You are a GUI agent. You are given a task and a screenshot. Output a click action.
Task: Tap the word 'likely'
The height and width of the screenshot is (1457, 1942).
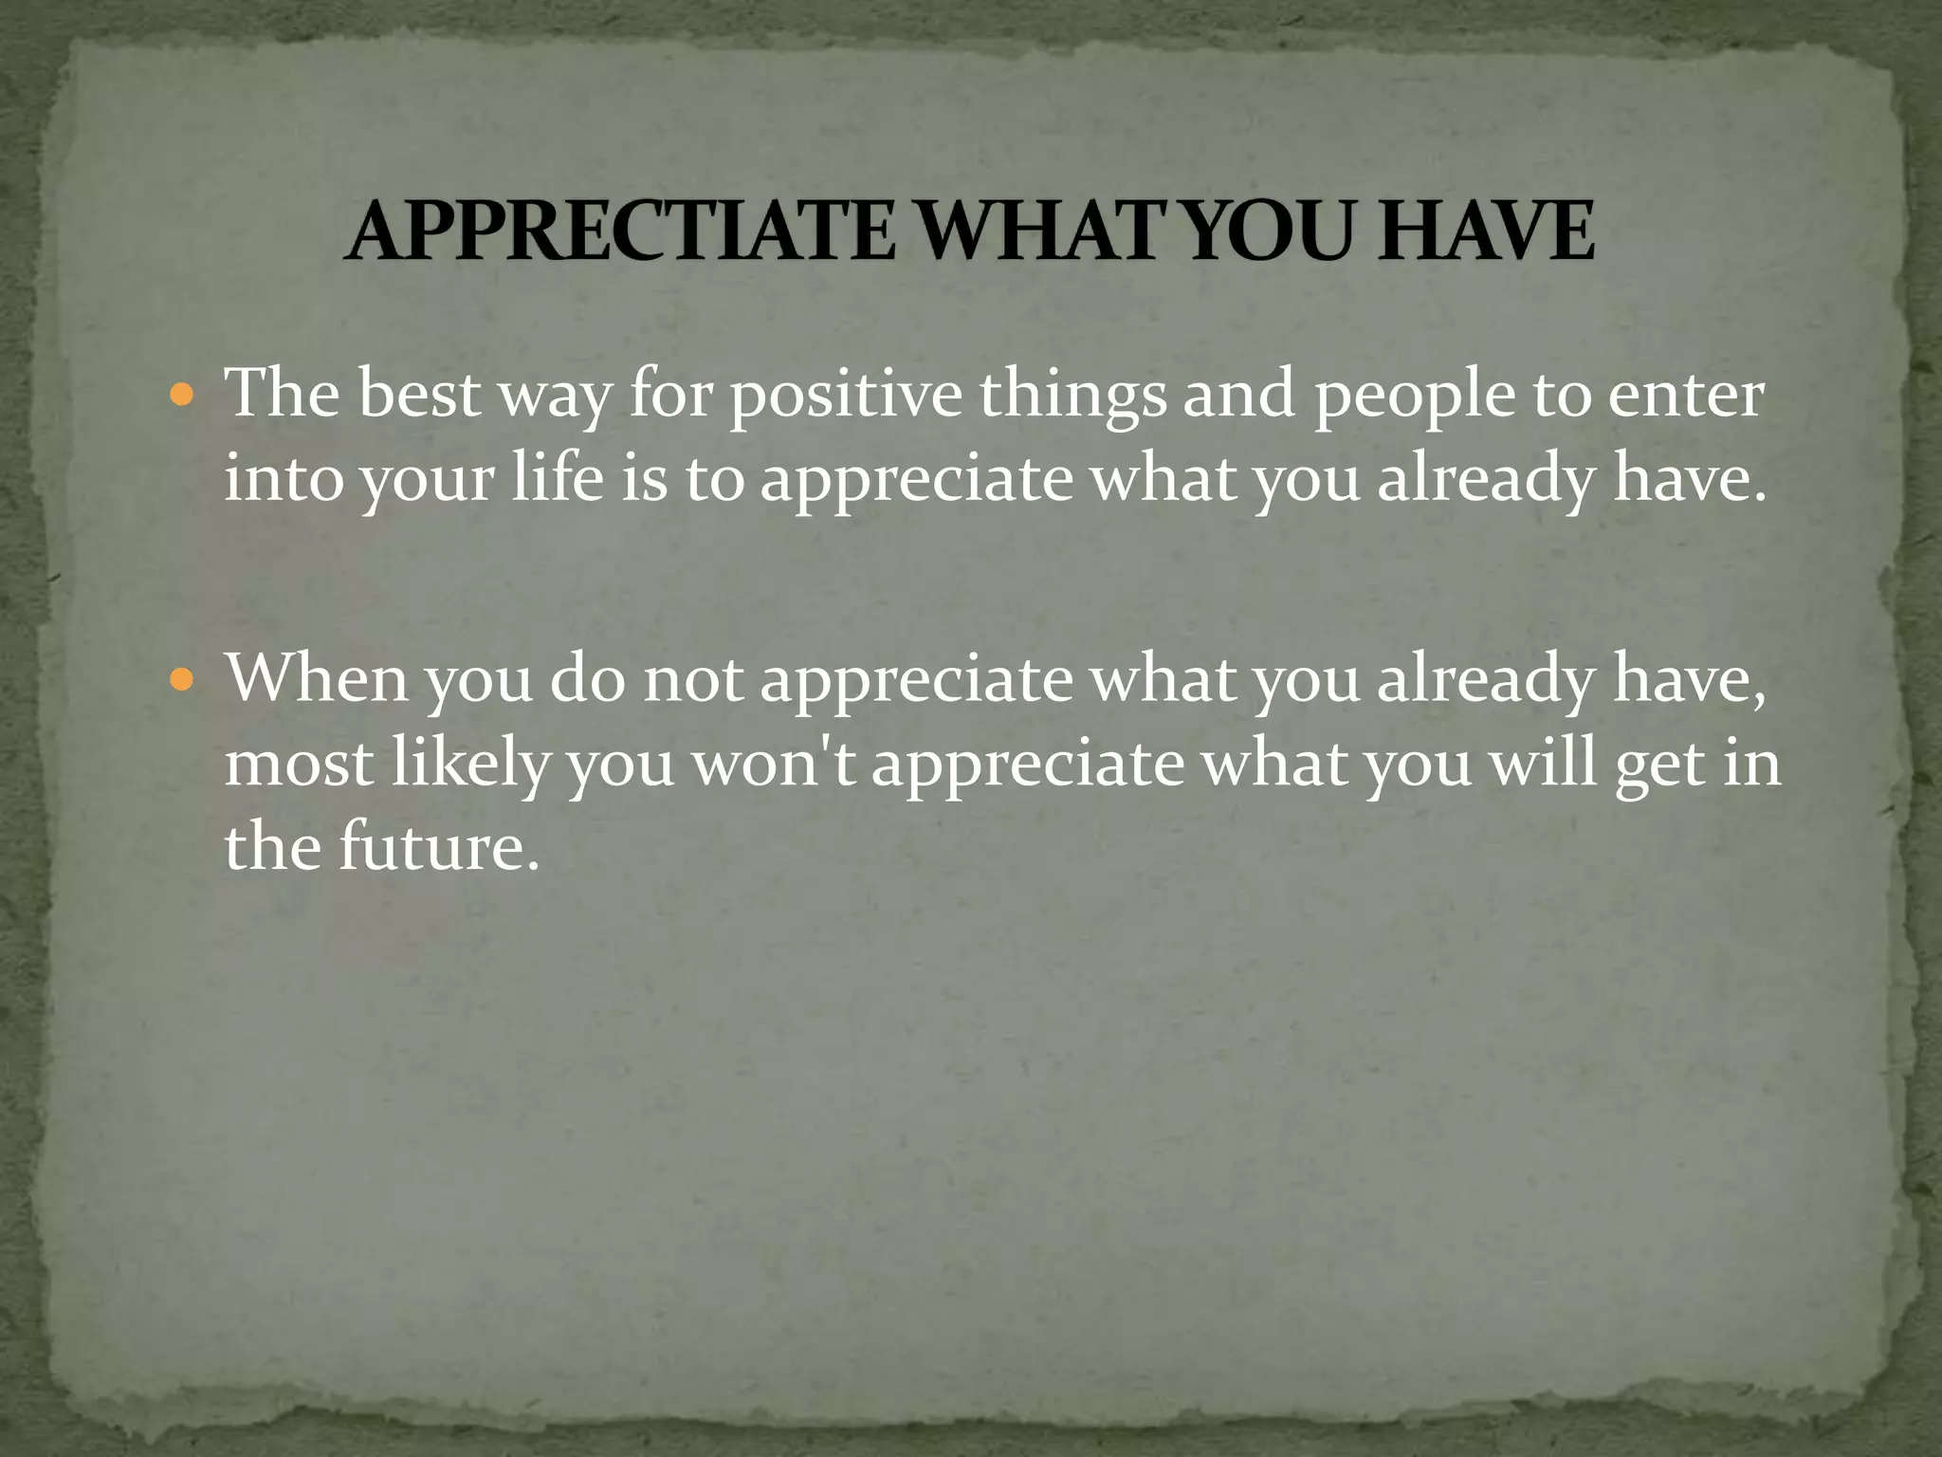click(x=470, y=764)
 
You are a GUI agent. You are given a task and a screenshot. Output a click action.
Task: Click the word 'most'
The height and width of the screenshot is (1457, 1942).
click(x=300, y=764)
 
